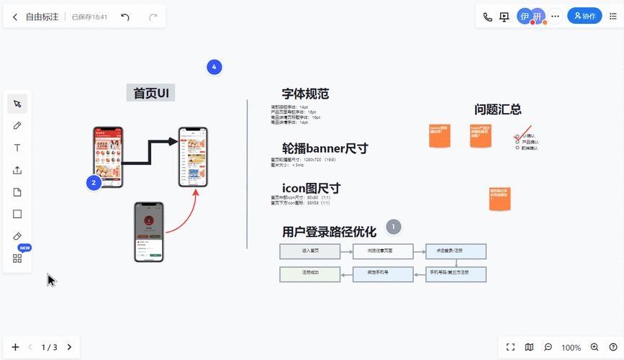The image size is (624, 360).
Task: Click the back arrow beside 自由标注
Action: point(15,17)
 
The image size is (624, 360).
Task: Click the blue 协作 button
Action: point(584,16)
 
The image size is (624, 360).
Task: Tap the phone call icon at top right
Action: point(487,17)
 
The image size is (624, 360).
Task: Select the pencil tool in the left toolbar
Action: point(17,126)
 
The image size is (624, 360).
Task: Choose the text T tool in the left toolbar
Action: point(17,148)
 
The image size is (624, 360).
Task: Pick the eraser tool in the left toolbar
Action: point(17,236)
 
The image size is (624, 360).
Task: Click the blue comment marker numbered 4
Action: point(213,67)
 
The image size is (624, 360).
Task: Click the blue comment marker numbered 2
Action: point(93,183)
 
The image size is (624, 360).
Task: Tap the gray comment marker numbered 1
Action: point(393,227)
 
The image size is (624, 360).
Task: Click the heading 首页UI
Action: point(151,93)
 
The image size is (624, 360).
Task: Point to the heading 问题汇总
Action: point(497,109)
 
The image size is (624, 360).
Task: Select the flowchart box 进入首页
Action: point(310,251)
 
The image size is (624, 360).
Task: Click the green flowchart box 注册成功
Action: point(310,274)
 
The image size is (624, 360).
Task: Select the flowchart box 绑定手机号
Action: point(382,274)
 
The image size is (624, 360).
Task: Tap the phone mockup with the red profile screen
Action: point(149,232)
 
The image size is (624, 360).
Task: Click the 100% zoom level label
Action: point(571,347)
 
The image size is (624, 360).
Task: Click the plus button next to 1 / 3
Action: point(15,347)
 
